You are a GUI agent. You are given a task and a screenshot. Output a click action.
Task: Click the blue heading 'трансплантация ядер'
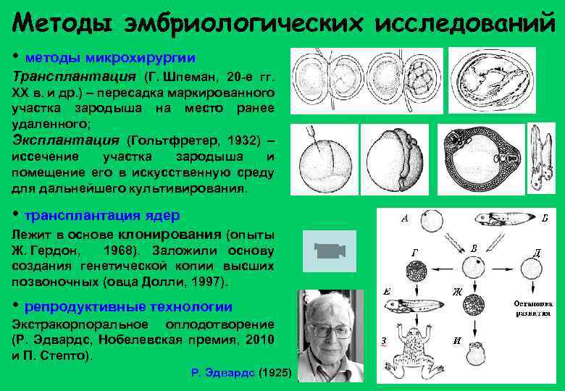102,216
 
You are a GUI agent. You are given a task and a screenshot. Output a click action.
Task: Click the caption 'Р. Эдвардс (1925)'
241,372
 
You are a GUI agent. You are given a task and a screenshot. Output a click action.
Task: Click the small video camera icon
329,251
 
